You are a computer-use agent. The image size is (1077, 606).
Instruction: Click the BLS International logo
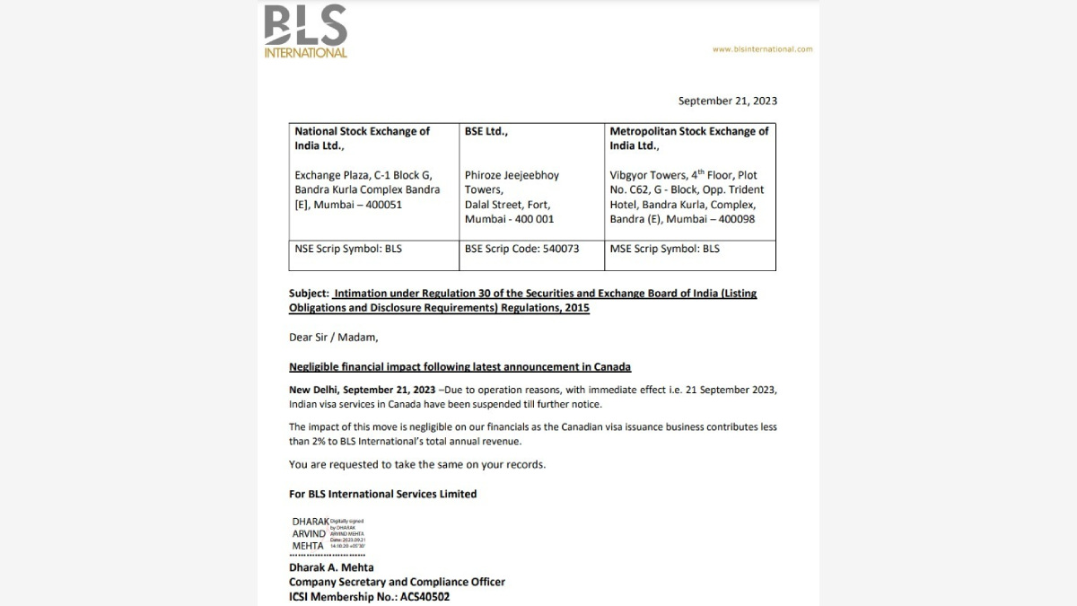point(305,31)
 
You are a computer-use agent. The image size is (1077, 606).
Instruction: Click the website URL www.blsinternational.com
point(762,49)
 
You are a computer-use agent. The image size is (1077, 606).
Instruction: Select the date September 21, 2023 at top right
point(727,101)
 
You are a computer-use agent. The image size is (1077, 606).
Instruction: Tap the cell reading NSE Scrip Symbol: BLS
point(348,249)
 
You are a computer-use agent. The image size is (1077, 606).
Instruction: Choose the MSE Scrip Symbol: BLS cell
point(664,249)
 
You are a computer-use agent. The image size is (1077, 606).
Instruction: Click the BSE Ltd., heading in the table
point(486,131)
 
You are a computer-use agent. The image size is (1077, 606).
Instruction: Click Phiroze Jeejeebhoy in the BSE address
point(512,176)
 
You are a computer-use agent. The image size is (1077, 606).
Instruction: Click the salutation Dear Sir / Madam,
point(333,338)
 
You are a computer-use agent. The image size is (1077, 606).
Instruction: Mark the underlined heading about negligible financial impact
point(460,367)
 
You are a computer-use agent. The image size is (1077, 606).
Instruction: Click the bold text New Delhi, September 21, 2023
point(362,390)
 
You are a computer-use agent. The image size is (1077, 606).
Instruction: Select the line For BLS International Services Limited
point(382,494)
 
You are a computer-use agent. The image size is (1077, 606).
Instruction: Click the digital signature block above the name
point(328,533)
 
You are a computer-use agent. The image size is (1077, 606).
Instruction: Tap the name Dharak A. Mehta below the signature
point(331,567)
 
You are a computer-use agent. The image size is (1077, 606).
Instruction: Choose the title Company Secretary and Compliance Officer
point(397,582)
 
